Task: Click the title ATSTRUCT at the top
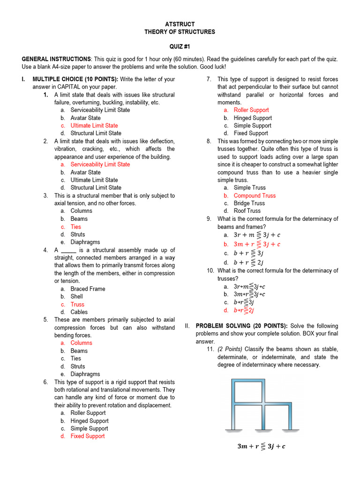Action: click(180, 24)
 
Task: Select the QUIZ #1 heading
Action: click(180, 47)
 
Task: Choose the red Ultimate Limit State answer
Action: click(94, 126)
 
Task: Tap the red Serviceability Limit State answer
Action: click(100, 165)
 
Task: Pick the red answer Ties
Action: click(75, 227)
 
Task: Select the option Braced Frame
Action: click(88, 289)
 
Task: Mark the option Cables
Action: click(79, 312)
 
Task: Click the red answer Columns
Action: click(82, 343)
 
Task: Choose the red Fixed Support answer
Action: click(88, 436)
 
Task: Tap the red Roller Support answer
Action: click(251, 110)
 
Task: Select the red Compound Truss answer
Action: click(255, 195)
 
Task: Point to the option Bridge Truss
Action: click(249, 203)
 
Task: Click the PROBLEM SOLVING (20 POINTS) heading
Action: click(242, 326)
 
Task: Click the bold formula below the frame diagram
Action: click(261, 446)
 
